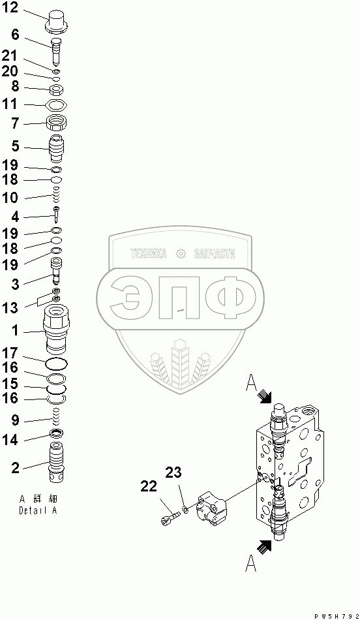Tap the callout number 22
click(x=149, y=486)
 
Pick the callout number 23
click(x=173, y=472)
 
